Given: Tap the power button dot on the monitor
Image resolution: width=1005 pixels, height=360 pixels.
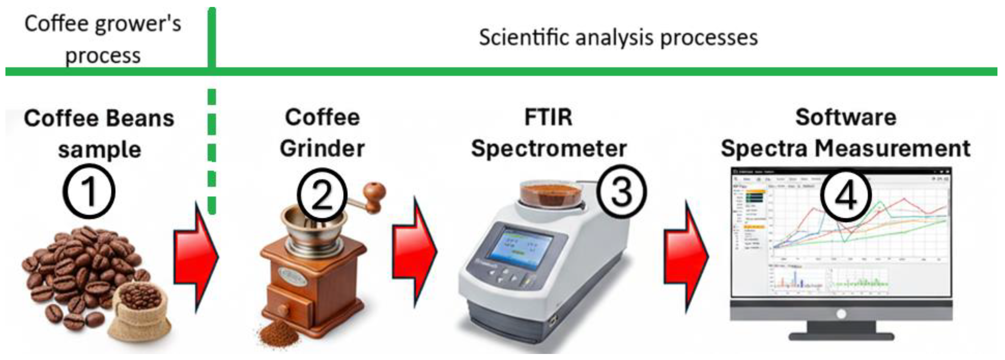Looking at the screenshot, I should coord(841,314).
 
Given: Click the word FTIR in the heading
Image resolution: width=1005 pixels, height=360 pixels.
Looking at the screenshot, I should coord(548,117).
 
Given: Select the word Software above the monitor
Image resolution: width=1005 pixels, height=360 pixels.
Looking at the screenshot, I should coord(846,117).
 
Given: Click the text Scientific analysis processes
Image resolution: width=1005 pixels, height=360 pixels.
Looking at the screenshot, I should coord(619,38).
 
